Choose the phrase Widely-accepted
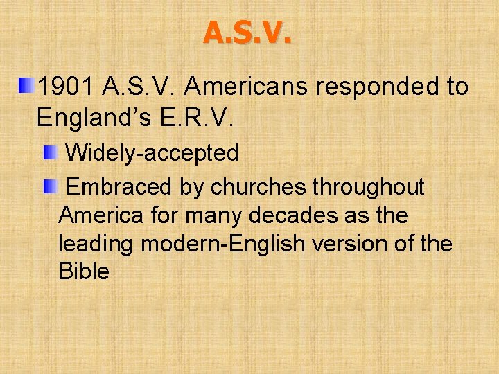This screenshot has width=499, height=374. pos(152,153)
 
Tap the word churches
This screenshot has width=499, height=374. pos(260,187)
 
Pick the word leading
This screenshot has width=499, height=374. pos(96,244)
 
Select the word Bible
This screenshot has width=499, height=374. pos(84,271)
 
